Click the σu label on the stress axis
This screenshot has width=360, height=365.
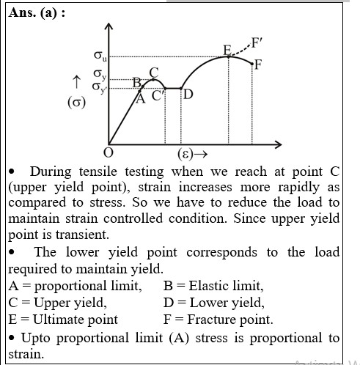[100, 56]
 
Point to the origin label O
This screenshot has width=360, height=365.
[109, 153]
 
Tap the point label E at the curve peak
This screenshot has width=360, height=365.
[227, 51]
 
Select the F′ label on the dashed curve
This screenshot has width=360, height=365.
[257, 43]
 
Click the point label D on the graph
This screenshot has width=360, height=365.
[188, 95]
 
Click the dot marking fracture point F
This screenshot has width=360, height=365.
[252, 64]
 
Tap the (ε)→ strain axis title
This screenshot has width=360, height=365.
[193, 154]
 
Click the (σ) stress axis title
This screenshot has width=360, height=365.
[76, 102]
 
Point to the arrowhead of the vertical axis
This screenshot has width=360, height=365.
[109, 26]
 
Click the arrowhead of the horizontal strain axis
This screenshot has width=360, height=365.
[279, 144]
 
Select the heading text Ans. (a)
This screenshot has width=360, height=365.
[37, 12]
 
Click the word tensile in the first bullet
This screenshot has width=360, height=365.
[98, 172]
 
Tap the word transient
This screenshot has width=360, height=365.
[82, 235]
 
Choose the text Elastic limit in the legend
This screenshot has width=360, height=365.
[226, 286]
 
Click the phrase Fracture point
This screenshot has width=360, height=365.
[230, 320]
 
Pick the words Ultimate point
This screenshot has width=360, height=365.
[76, 320]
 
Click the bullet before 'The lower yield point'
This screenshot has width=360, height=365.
[12, 253]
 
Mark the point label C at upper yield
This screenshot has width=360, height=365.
[154, 73]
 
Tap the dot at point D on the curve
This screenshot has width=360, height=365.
[181, 89]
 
